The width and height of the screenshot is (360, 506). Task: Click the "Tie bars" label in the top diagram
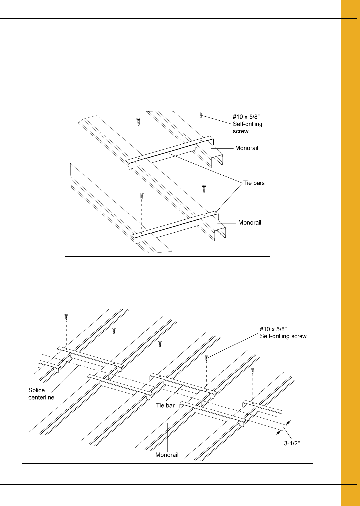pyautogui.click(x=254, y=183)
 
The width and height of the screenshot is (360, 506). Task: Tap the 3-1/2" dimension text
pyautogui.click(x=292, y=443)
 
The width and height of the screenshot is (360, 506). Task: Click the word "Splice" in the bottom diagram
pyautogui.click(x=37, y=390)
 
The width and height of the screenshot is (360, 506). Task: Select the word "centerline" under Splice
pyautogui.click(x=41, y=397)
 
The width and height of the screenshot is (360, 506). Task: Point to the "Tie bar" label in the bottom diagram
pyautogui.click(x=165, y=405)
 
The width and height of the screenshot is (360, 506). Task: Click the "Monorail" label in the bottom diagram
pyautogui.click(x=167, y=455)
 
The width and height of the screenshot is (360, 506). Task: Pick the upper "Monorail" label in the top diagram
pyautogui.click(x=247, y=148)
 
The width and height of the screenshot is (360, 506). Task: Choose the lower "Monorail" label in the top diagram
pyautogui.click(x=250, y=222)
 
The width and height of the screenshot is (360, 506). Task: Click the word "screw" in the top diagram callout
pyautogui.click(x=241, y=131)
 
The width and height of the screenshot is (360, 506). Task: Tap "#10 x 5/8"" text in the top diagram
pyautogui.click(x=246, y=117)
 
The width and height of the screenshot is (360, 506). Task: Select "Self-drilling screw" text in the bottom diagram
pyautogui.click(x=283, y=336)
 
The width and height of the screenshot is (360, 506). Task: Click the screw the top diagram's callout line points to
pyautogui.click(x=201, y=115)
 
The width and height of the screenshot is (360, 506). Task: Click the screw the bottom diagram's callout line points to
pyautogui.click(x=206, y=358)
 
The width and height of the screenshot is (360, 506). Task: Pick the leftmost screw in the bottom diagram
pyautogui.click(x=66, y=317)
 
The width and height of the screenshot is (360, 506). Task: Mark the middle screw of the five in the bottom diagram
pyautogui.click(x=160, y=344)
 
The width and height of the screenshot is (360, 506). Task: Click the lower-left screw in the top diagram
pyautogui.click(x=142, y=197)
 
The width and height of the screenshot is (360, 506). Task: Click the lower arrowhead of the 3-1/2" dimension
pyautogui.click(x=278, y=432)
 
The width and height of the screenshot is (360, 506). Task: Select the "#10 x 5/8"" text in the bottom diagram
pyautogui.click(x=273, y=329)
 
